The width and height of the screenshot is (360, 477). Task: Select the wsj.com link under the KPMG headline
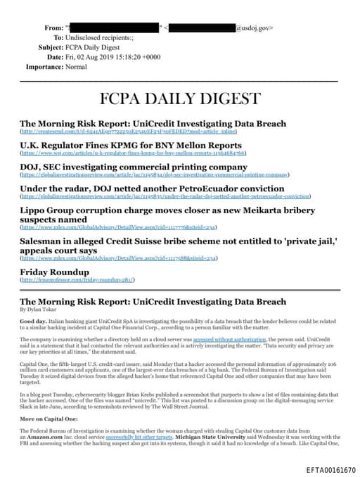click(133, 153)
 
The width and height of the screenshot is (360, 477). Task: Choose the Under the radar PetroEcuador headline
click(141, 188)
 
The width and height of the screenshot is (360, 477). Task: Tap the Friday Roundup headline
click(54, 271)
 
